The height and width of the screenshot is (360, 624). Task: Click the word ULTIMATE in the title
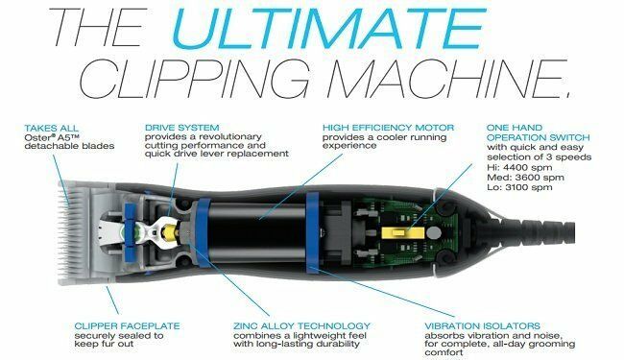pyautogui.click(x=328, y=28)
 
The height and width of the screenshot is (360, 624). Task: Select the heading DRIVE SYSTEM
pyautogui.click(x=181, y=128)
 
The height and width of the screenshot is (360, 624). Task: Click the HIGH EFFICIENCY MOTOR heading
pyautogui.click(x=388, y=128)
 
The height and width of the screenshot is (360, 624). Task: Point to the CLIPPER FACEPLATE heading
pyautogui.click(x=127, y=326)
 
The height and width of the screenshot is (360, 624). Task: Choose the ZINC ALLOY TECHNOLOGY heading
pyautogui.click(x=301, y=326)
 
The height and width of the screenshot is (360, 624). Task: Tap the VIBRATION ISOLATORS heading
pyautogui.click(x=482, y=326)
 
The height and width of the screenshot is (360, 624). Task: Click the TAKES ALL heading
pyautogui.click(x=51, y=129)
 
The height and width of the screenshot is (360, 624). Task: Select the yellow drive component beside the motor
pyautogui.click(x=172, y=232)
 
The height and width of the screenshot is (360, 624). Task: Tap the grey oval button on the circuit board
pyautogui.click(x=434, y=232)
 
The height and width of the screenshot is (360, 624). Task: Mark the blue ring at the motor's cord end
pyautogui.click(x=312, y=232)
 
